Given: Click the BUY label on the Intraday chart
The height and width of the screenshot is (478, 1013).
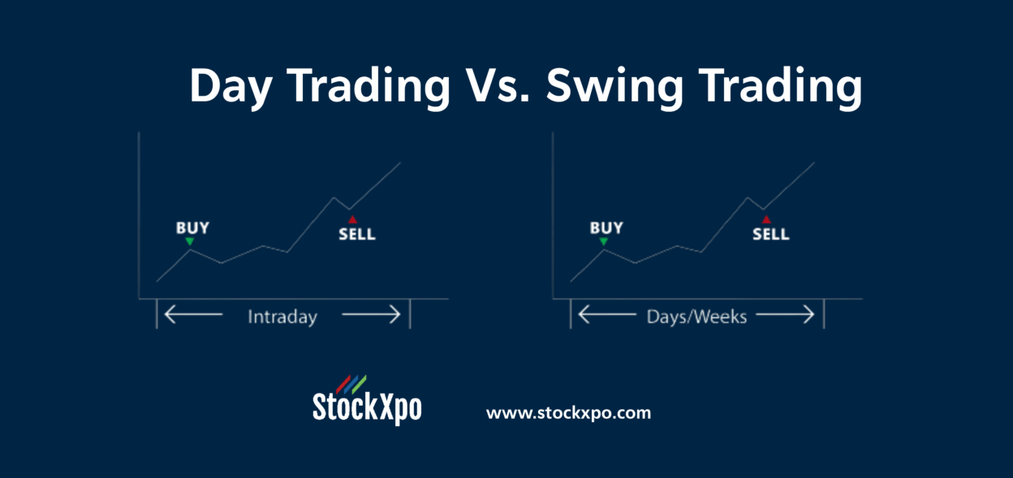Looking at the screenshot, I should (192, 228).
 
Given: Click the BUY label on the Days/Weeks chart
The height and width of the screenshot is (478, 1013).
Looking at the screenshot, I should (606, 228).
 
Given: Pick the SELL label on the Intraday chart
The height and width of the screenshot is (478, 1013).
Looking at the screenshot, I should (356, 235).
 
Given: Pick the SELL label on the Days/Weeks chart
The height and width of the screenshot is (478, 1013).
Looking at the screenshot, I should (770, 235).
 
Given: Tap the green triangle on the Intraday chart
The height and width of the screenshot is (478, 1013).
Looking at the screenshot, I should (190, 241).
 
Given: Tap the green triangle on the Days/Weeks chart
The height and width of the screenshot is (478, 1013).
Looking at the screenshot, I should (604, 241).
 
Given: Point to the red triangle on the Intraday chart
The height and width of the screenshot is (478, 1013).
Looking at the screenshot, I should (351, 219).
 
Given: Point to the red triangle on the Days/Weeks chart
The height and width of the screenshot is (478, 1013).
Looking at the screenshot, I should (765, 219).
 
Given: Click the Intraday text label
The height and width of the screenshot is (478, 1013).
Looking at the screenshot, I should (282, 316).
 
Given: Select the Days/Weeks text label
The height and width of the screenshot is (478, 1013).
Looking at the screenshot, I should (696, 316).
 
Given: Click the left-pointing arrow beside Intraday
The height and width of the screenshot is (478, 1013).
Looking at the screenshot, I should (192, 315).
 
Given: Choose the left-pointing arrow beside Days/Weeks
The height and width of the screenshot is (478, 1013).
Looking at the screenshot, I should (606, 315).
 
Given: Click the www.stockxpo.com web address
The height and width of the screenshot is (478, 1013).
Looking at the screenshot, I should (568, 412).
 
